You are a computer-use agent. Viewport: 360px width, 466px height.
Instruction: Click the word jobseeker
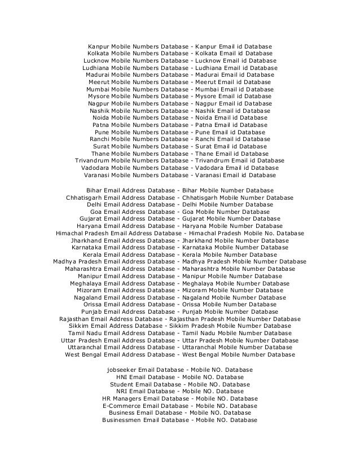pos(121,369)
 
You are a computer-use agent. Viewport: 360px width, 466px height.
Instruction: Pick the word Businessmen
pos(122,420)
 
